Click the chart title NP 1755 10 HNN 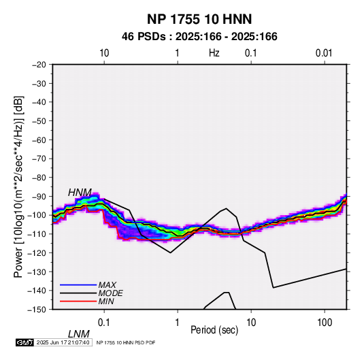(x=199, y=19)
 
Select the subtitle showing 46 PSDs (x=199, y=37)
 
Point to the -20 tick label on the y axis (x=39, y=65)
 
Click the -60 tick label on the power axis (x=39, y=140)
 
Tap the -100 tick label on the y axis (x=37, y=215)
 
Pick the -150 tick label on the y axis (x=37, y=310)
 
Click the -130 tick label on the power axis (x=37, y=272)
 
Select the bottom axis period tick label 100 (x=325, y=323)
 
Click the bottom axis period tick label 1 (x=178, y=323)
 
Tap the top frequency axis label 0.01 (x=324, y=53)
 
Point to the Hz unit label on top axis (x=214, y=53)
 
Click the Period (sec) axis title (x=214, y=330)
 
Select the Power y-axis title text (x=18, y=186)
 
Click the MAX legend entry (x=107, y=285)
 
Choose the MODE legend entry (x=110, y=293)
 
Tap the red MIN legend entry (x=106, y=301)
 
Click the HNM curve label (x=80, y=193)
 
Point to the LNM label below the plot (x=79, y=334)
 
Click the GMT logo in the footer (x=25, y=342)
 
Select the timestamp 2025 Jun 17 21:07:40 (x=63, y=342)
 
